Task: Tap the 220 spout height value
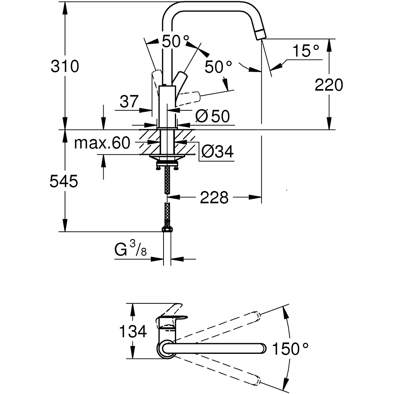pos(329,85)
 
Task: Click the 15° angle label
pos(306,51)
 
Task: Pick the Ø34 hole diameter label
pos(217,151)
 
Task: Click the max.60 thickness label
pos(102,143)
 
